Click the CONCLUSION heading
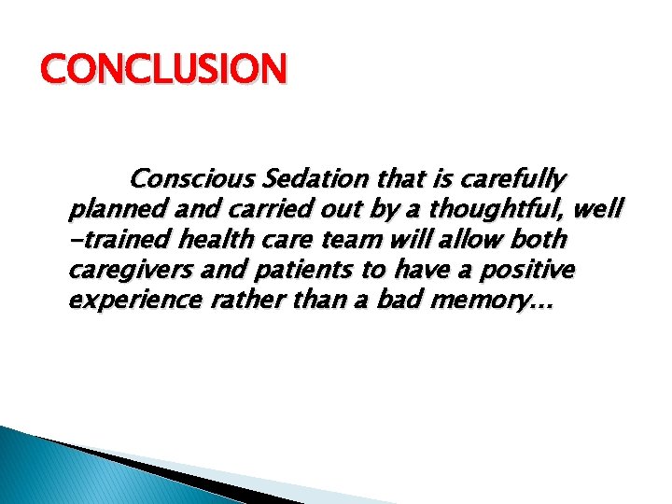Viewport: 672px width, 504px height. [164, 70]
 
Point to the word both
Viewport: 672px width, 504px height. [541, 241]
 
